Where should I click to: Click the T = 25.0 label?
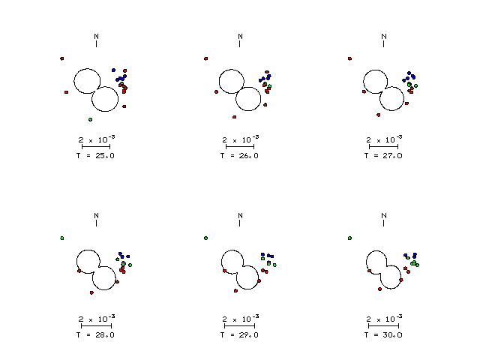coord(95,155)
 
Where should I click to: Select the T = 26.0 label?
coord(239,155)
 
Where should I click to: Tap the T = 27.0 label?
coord(383,155)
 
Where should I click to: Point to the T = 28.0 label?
coord(95,335)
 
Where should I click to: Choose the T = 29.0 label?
coord(239,335)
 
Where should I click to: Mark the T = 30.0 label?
coord(383,335)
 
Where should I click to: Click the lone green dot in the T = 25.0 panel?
coord(90,120)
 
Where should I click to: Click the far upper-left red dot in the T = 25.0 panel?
coord(61,58)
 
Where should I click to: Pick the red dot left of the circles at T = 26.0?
coord(217,91)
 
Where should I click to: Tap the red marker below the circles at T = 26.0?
coord(235,117)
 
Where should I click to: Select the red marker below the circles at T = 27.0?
coord(378,115)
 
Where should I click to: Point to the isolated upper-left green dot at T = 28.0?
coord(61,238)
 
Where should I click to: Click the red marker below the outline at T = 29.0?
coord(235,291)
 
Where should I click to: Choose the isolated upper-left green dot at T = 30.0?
coord(350,238)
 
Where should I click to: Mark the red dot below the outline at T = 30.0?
coord(380,289)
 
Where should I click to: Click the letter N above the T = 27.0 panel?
coord(384,37)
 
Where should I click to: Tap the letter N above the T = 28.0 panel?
coord(97,216)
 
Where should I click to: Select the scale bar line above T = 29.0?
coord(240,326)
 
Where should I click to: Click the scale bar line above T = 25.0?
coord(96,147)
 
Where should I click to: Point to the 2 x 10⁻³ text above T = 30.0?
coord(385,318)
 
